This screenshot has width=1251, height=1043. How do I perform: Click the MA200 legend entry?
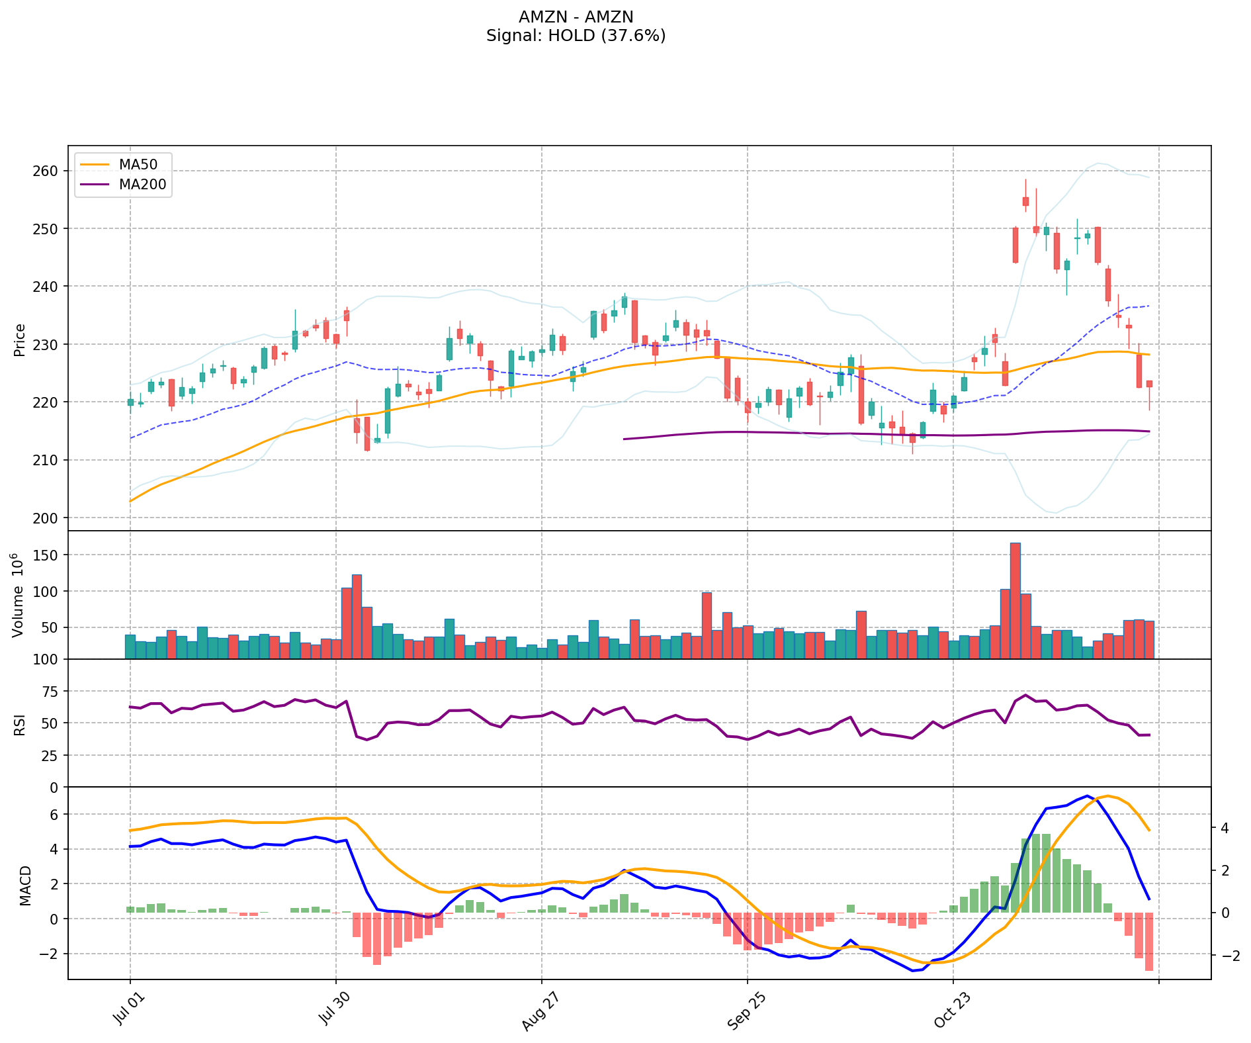(x=142, y=185)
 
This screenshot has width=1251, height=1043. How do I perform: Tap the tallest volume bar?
(x=1015, y=600)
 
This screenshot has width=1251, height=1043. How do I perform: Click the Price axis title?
(x=20, y=340)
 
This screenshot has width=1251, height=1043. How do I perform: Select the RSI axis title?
(x=20, y=724)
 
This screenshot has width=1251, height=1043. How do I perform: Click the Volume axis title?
(x=19, y=594)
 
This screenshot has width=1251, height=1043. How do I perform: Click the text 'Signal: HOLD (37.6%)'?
(x=576, y=36)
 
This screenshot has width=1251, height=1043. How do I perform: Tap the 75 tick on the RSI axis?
(x=49, y=692)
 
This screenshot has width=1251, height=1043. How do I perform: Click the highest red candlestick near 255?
(x=1025, y=201)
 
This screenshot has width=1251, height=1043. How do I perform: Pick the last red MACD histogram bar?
(x=1149, y=942)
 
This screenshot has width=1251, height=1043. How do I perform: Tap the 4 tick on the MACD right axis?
(x=1225, y=828)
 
